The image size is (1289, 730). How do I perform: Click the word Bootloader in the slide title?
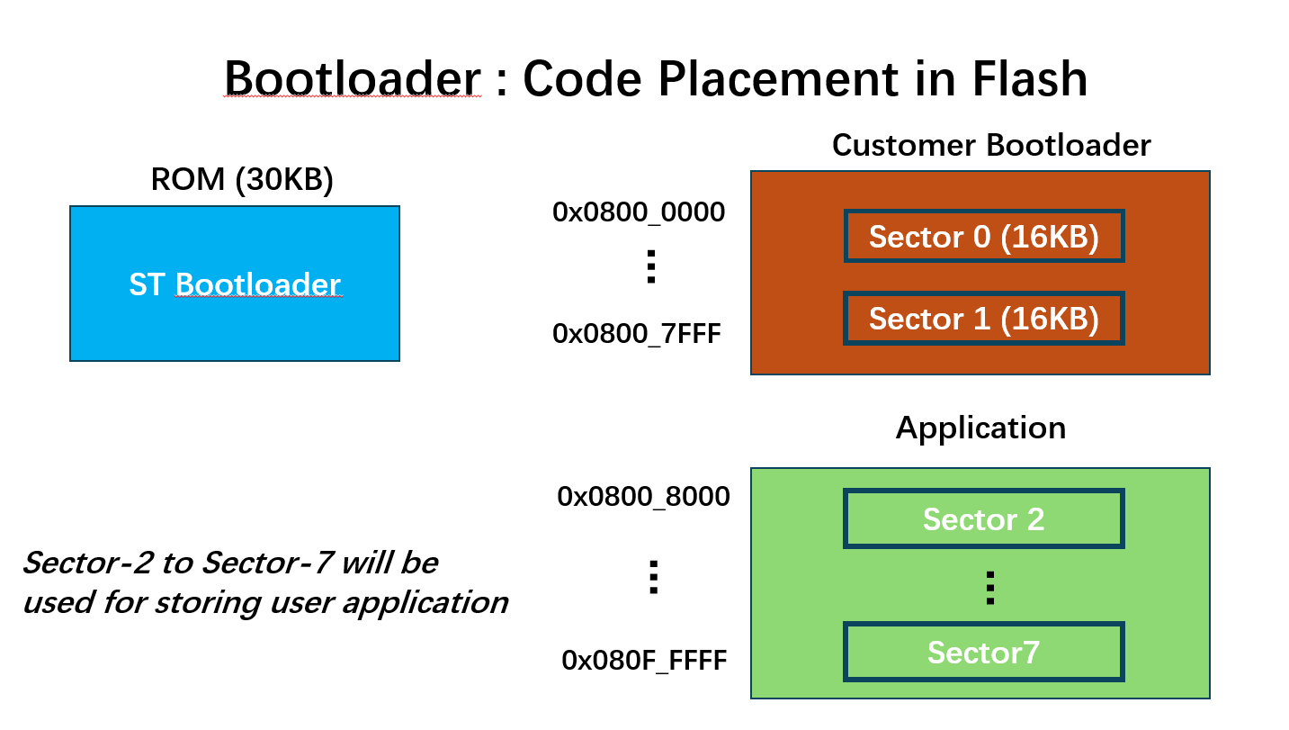coord(353,79)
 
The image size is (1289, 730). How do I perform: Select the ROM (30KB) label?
coord(242,180)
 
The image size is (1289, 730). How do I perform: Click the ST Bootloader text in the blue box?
coord(235,284)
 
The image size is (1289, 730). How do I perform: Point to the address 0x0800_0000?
coord(639,212)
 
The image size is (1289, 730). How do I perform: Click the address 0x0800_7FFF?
coord(637,334)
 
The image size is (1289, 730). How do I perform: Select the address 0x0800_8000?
coord(643,497)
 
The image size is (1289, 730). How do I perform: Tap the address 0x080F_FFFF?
coord(644,661)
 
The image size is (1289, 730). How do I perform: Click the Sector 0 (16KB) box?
coord(983,237)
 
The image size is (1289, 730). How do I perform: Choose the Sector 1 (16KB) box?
coord(983,319)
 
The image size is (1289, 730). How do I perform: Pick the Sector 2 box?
coord(983,519)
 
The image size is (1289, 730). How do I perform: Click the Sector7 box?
coord(983,652)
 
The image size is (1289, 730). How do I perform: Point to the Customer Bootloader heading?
coord(991,145)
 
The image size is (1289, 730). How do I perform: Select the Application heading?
coord(980,428)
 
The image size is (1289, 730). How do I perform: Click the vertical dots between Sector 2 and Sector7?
coord(989,587)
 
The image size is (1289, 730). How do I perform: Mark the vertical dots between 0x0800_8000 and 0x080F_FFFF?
coord(654,576)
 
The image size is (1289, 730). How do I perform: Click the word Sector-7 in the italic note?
coord(262,563)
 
